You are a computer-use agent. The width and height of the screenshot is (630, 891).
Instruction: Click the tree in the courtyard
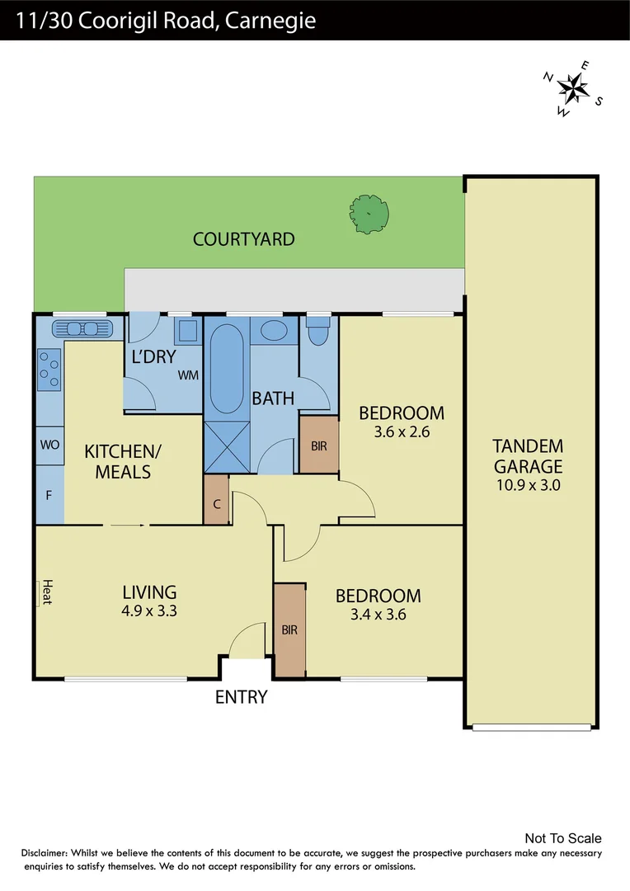click(x=368, y=214)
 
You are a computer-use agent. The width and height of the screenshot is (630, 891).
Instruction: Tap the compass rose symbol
click(x=572, y=87)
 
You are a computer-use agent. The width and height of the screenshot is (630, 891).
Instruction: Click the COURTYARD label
click(x=243, y=239)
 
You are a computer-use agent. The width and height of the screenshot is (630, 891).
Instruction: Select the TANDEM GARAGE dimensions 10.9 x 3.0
click(x=528, y=485)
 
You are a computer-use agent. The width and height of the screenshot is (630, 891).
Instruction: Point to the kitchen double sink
click(x=81, y=329)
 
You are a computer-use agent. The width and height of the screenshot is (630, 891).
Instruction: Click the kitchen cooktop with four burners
click(x=49, y=369)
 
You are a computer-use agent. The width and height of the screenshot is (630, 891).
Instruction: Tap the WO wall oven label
click(x=49, y=445)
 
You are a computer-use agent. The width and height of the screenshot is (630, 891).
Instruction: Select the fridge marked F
click(x=49, y=495)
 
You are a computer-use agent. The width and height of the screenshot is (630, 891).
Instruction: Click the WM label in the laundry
click(x=188, y=375)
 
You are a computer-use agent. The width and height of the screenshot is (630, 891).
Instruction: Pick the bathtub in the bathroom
click(x=227, y=369)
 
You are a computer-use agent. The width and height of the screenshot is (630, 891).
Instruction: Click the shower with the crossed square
click(x=227, y=447)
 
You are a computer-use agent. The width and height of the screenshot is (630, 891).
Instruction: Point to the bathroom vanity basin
click(x=272, y=332)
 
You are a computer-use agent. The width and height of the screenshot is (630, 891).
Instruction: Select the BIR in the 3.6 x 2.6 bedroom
click(x=318, y=445)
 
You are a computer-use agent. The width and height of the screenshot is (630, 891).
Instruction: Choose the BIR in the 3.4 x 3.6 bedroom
click(x=289, y=630)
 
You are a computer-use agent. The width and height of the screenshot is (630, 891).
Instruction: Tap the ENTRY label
click(x=241, y=697)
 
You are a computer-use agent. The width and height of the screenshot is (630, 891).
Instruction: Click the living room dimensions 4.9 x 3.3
click(x=149, y=612)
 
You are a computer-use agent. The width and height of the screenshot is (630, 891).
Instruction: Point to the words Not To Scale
click(x=563, y=839)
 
